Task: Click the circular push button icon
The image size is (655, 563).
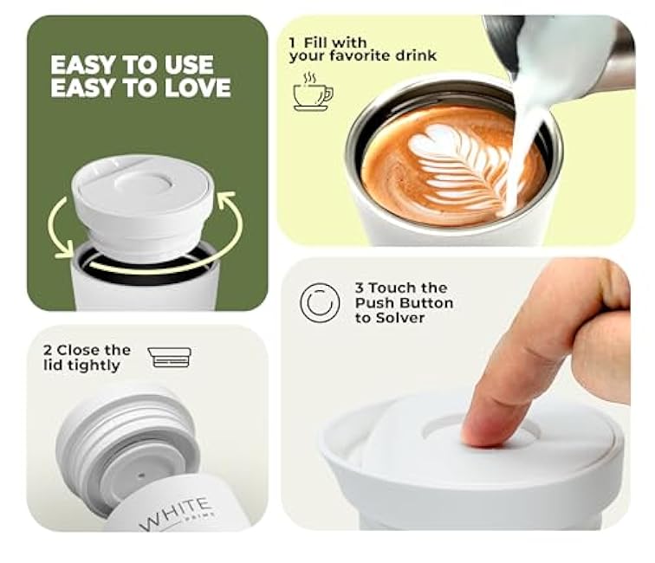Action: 320,302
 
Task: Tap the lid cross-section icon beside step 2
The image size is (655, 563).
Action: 170,357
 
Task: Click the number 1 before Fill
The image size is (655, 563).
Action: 294,42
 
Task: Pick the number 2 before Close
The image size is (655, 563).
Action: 48,350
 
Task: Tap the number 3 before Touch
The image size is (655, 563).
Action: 360,288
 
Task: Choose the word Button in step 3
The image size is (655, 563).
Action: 430,303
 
